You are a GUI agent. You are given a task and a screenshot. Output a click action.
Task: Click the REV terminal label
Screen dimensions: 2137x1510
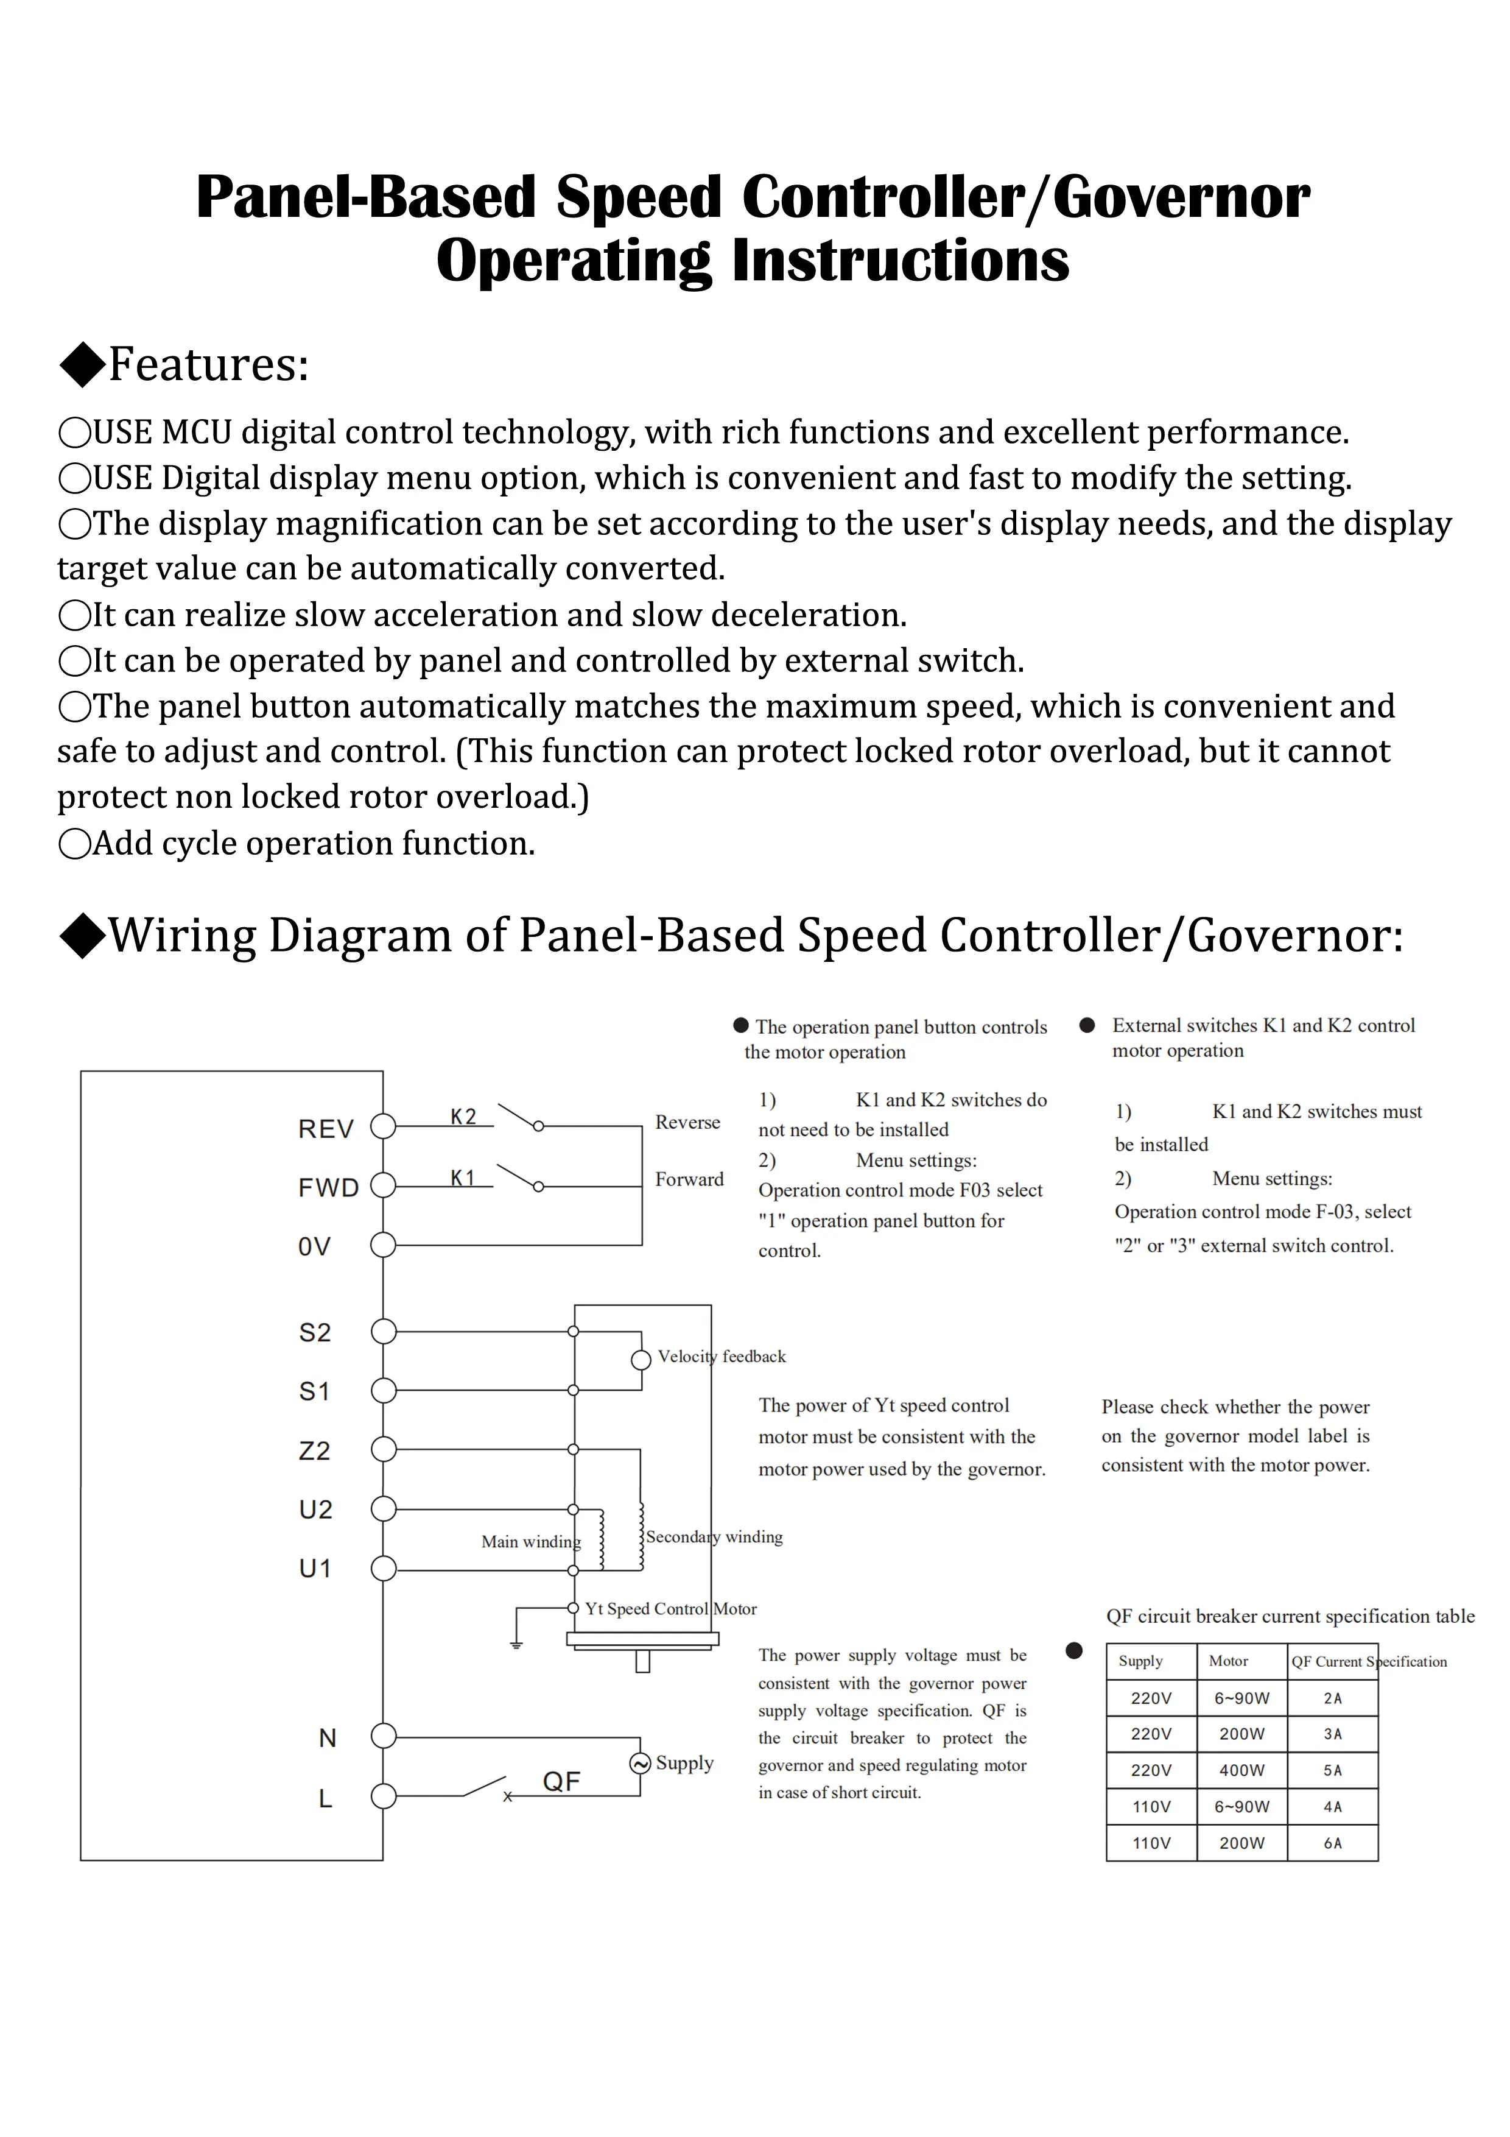pyautogui.click(x=326, y=1129)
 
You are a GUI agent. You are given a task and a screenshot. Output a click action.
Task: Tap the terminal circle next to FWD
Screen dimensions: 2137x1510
pyautogui.click(x=384, y=1186)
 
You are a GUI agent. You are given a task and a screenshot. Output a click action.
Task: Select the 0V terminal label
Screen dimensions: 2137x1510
pyautogui.click(x=314, y=1246)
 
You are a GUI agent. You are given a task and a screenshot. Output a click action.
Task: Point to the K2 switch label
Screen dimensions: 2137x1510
pyautogui.click(x=463, y=1117)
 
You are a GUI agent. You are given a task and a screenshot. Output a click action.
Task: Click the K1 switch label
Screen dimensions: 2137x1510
pyautogui.click(x=462, y=1178)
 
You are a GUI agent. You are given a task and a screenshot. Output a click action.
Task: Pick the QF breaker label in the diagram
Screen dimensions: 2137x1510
pyautogui.click(x=561, y=1781)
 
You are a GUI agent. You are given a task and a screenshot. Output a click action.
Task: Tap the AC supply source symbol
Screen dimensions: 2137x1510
pyautogui.click(x=640, y=1763)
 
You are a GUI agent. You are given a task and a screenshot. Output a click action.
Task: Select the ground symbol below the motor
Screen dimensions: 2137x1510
pyautogui.click(x=516, y=1645)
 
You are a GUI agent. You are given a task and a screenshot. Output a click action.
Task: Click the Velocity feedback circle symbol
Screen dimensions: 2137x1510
pyautogui.click(x=640, y=1360)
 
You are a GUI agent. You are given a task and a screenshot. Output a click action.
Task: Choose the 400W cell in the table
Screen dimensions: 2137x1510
pyautogui.click(x=1241, y=1770)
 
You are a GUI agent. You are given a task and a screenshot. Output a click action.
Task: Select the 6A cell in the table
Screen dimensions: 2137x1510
pyautogui.click(x=1332, y=1843)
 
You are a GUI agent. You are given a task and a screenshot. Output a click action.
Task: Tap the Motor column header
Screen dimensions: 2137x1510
pyautogui.click(x=1228, y=1661)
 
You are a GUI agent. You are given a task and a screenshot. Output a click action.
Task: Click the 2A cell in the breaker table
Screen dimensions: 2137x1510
pyautogui.click(x=1332, y=1698)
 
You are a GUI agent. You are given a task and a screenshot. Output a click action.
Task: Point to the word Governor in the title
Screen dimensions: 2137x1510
pyautogui.click(x=1182, y=197)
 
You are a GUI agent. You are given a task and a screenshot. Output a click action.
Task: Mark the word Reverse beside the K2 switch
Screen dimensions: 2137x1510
pyautogui.click(x=687, y=1123)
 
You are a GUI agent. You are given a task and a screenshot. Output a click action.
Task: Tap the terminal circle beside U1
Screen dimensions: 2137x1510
pyautogui.click(x=384, y=1569)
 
